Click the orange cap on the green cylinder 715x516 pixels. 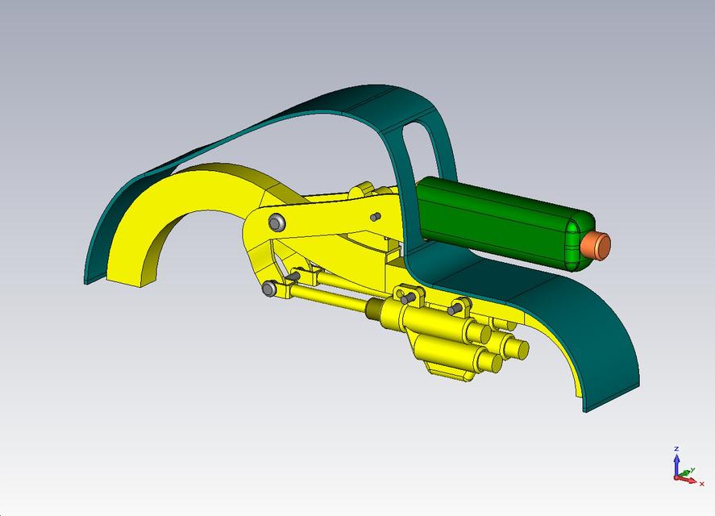(x=598, y=245)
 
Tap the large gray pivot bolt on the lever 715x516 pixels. (x=276, y=222)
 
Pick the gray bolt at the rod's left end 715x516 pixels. (x=269, y=288)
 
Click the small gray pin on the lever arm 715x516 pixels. (x=375, y=217)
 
